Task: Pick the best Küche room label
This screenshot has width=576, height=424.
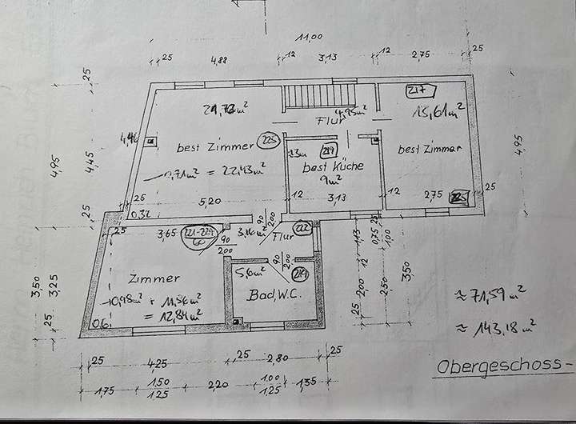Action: (x=333, y=168)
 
